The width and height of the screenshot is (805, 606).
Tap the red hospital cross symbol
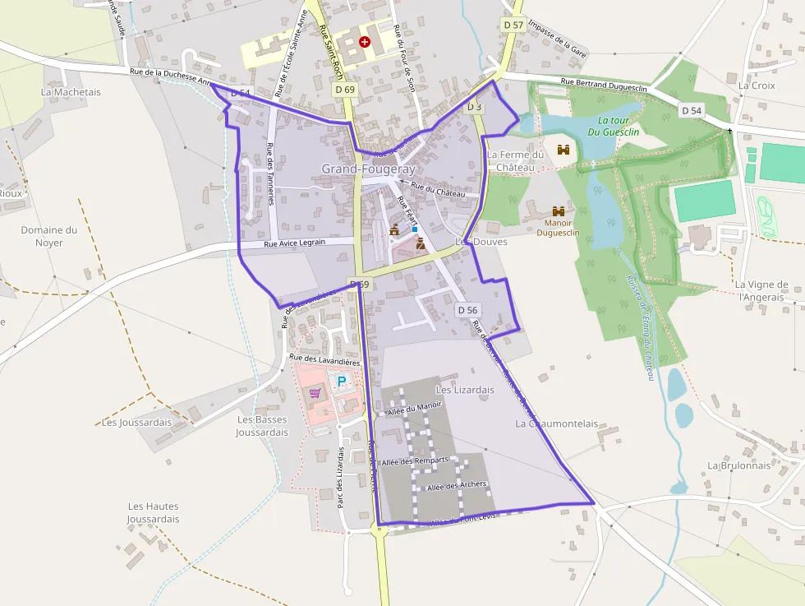click(x=365, y=41)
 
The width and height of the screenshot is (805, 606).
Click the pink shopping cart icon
click(x=315, y=393)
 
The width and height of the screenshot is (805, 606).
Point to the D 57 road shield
click(x=513, y=25)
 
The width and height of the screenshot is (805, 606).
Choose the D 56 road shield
click(x=467, y=310)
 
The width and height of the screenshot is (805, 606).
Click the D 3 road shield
click(x=475, y=107)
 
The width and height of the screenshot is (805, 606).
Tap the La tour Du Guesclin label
click(x=614, y=126)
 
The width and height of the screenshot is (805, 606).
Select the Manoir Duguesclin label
click(x=558, y=227)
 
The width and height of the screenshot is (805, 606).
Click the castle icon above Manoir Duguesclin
click(x=559, y=211)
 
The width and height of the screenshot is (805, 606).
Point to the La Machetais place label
click(x=71, y=92)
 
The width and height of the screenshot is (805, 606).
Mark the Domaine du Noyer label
click(x=49, y=236)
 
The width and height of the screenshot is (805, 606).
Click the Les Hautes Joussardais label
click(x=153, y=512)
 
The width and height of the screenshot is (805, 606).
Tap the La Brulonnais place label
click(x=739, y=465)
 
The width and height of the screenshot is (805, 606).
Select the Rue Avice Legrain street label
click(x=295, y=243)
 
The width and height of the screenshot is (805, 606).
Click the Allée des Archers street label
click(x=456, y=485)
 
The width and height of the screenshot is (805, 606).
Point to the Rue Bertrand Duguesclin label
click(x=605, y=81)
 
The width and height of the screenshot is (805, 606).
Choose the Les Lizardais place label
click(x=465, y=390)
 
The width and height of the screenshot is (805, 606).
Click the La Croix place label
click(x=757, y=85)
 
